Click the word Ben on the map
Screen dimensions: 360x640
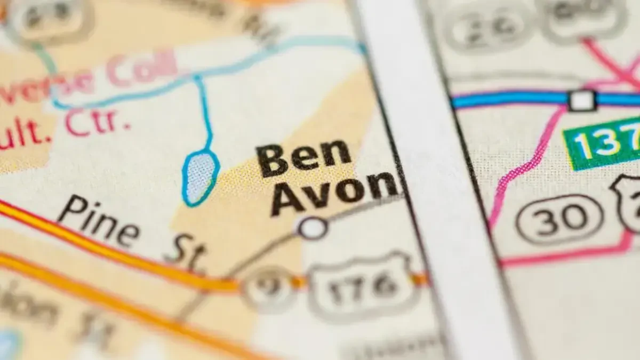(304, 158)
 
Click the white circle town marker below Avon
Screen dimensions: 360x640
(312, 228)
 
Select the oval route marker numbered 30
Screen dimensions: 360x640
(559, 219)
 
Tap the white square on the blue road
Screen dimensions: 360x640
(582, 100)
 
